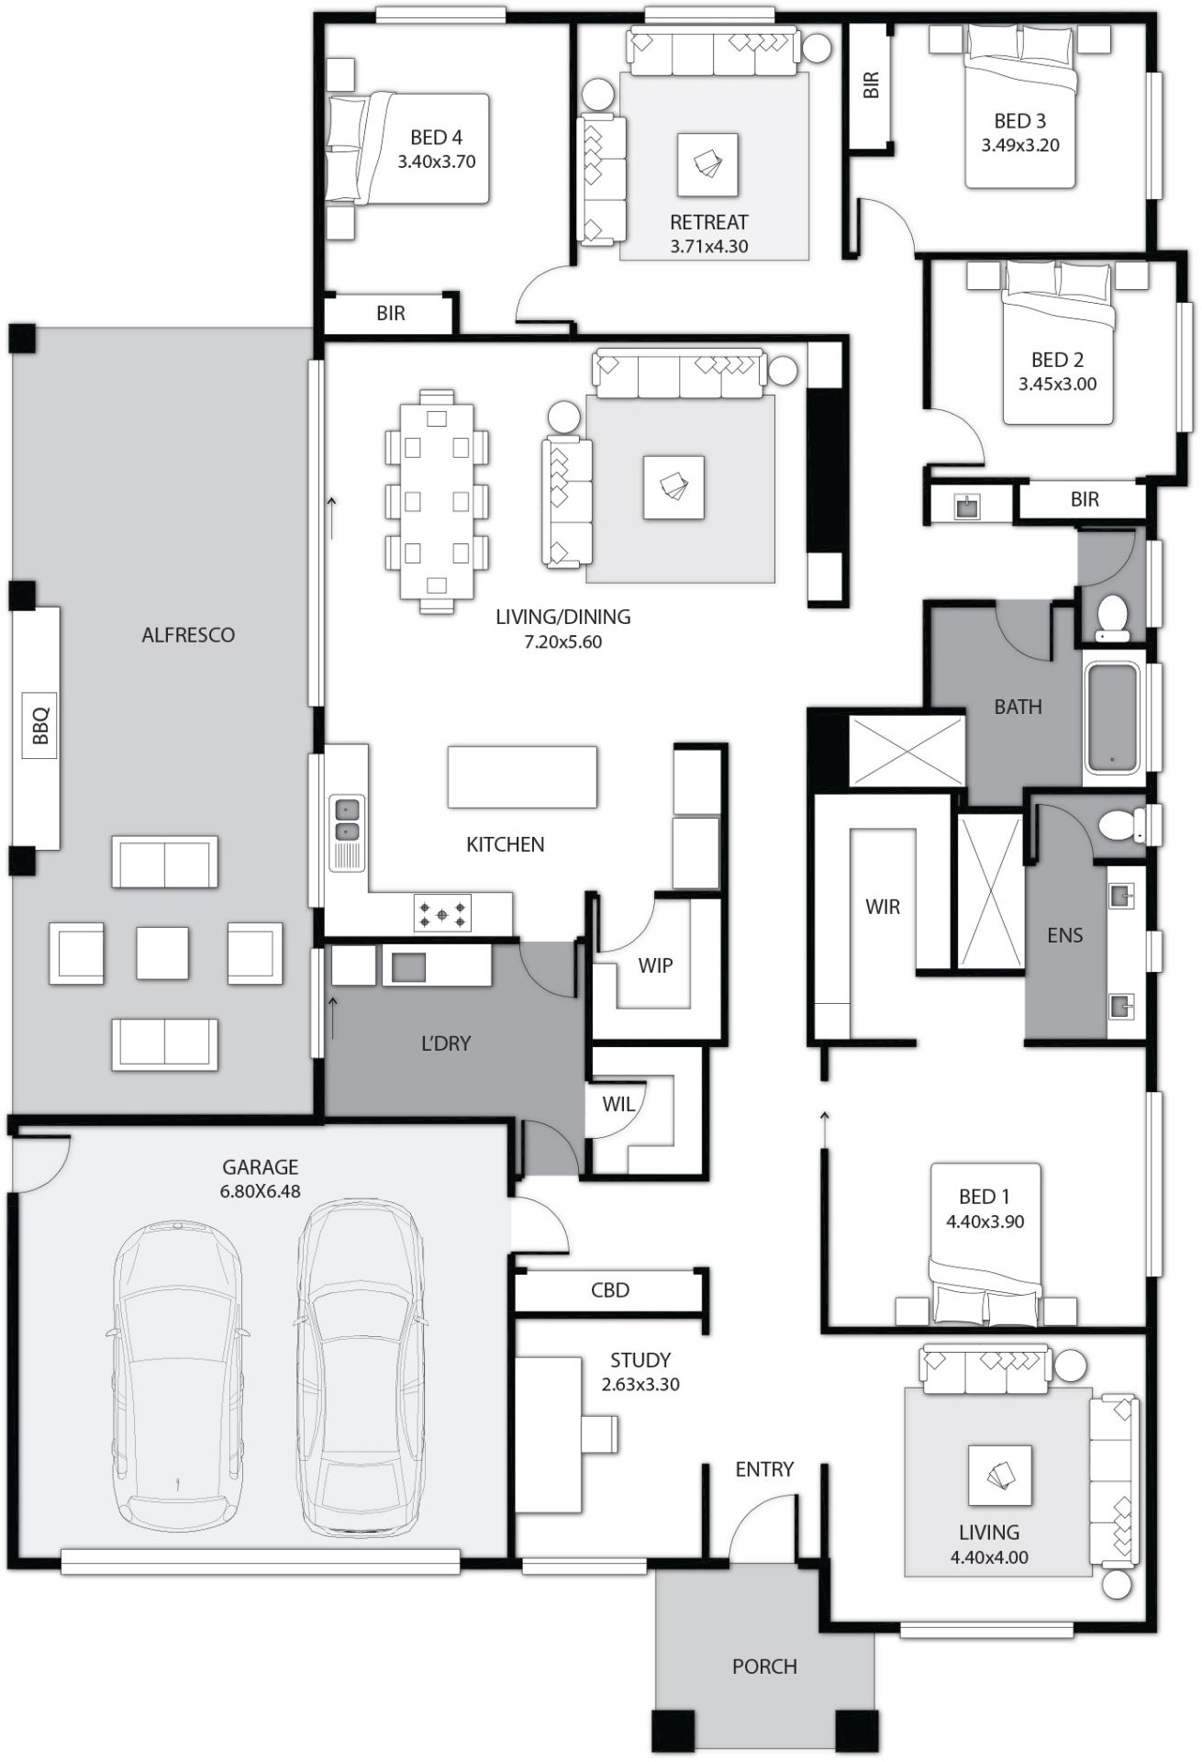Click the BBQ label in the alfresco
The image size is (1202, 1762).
coord(39,725)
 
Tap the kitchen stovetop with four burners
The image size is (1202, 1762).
coord(443,914)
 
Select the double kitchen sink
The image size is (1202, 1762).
coord(347,820)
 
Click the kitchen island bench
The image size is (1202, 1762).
coord(521,777)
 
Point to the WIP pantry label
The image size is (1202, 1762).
coord(655,965)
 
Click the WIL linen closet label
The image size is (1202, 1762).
coord(618,1105)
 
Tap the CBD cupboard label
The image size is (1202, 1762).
coord(610,1290)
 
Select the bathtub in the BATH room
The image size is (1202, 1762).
coord(1112,718)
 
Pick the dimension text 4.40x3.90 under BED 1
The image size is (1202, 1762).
coord(985,1221)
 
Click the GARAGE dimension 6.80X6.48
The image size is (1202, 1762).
coord(261,1191)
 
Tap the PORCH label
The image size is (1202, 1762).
coord(764,1666)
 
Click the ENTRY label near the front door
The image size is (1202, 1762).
coord(763,1469)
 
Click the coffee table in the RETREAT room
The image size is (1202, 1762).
coord(708,164)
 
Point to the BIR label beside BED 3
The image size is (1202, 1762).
coord(872,85)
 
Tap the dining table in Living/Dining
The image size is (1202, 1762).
coord(437,501)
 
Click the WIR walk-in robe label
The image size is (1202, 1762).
coord(883,907)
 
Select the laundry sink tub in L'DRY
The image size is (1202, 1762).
coord(409,966)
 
